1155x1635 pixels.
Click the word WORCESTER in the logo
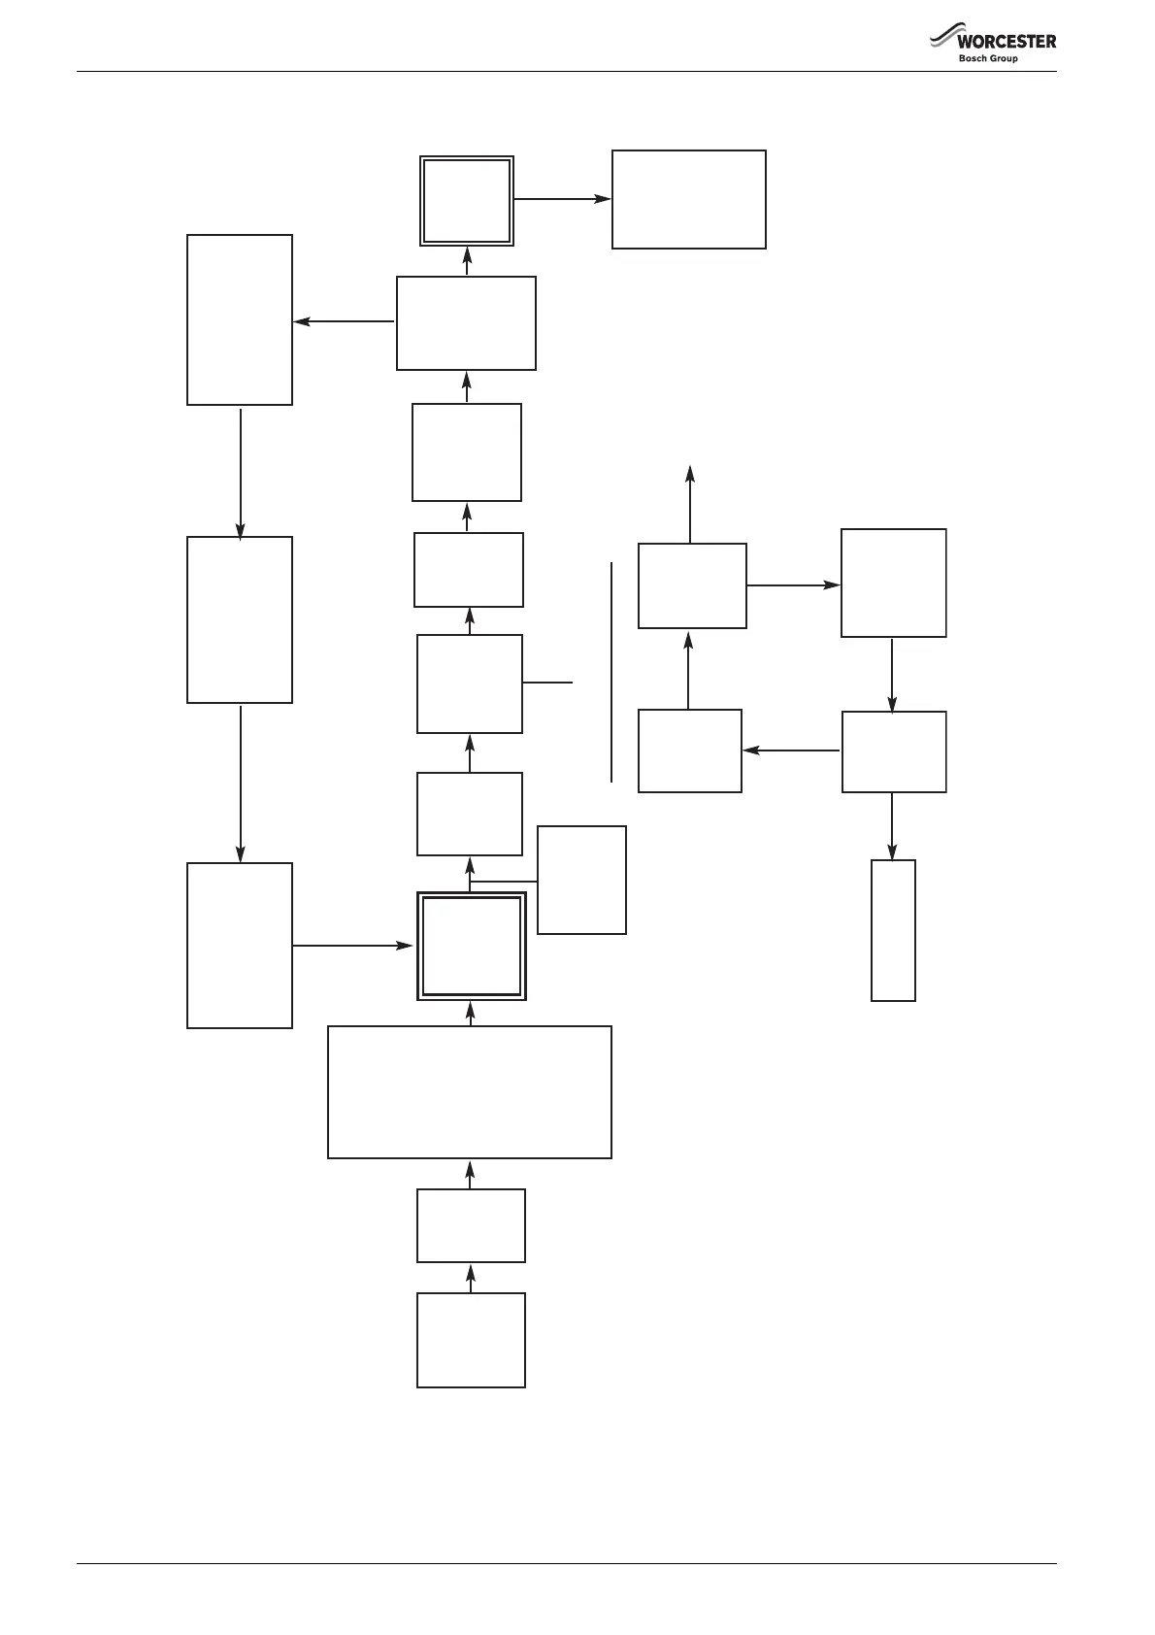[1006, 42]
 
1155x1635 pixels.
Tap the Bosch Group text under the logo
[988, 58]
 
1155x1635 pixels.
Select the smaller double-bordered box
[467, 201]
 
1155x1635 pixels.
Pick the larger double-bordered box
[472, 946]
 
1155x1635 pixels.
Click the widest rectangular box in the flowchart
[470, 1092]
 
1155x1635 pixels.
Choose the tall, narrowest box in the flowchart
[893, 930]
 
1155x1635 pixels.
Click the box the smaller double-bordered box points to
[689, 199]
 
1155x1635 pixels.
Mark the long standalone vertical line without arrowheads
[611, 671]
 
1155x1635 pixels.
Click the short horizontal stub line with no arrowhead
[547, 683]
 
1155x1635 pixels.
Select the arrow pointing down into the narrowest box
[892, 825]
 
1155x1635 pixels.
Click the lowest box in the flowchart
[471, 1340]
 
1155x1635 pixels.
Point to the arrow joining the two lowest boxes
[471, 1278]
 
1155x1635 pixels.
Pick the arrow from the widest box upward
[471, 1014]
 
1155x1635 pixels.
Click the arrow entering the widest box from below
[471, 1174]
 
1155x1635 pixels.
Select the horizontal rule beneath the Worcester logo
[567, 72]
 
